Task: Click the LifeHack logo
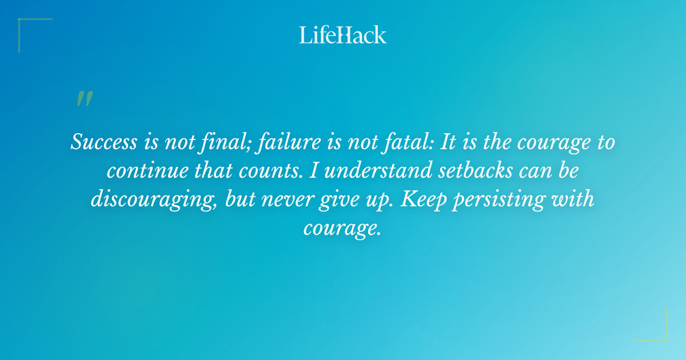pyautogui.click(x=343, y=35)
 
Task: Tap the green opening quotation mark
pyautogui.click(x=84, y=99)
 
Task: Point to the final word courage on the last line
pyautogui.click(x=341, y=229)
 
